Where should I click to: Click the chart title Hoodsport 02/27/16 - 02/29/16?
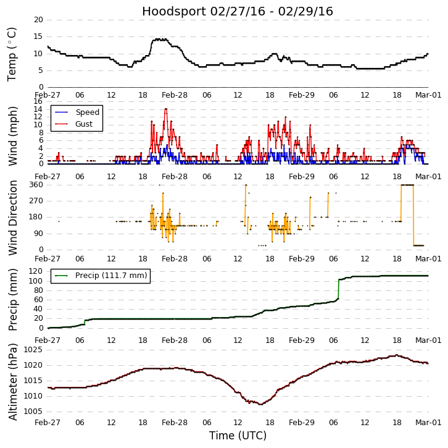click(238, 11)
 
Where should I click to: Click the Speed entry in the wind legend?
click(87, 112)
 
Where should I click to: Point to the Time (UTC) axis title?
click(238, 436)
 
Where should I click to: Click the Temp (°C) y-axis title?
click(12, 54)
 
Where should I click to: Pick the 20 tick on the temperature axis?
click(38, 20)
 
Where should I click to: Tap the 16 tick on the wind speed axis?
click(38, 101)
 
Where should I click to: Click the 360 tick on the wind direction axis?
click(36, 185)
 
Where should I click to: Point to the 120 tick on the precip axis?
click(36, 271)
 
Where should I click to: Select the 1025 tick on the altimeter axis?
click(34, 350)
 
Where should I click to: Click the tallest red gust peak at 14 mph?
click(165, 109)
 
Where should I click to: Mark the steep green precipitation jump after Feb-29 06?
click(338, 289)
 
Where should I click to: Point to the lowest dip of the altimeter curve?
click(261, 404)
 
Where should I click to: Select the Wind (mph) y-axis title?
click(12, 135)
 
